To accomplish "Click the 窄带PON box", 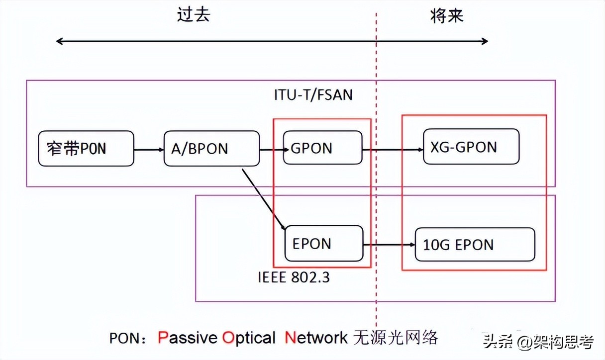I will tap(86, 148).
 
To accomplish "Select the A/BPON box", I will tap(211, 148).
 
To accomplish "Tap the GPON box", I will tap(322, 148).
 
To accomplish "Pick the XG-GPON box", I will tap(471, 147).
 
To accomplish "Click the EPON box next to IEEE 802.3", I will tap(323, 243).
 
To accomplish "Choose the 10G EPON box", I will tap(475, 244).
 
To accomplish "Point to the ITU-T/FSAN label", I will tap(313, 94).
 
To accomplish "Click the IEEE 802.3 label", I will tap(294, 277).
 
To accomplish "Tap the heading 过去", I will tap(194, 15).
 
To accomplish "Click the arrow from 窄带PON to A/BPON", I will tap(149, 149).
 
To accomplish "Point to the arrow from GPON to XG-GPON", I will tap(393, 148).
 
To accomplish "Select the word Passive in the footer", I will tap(188, 338).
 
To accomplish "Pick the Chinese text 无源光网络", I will tap(396, 338).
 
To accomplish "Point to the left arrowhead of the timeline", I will tap(59, 41).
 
